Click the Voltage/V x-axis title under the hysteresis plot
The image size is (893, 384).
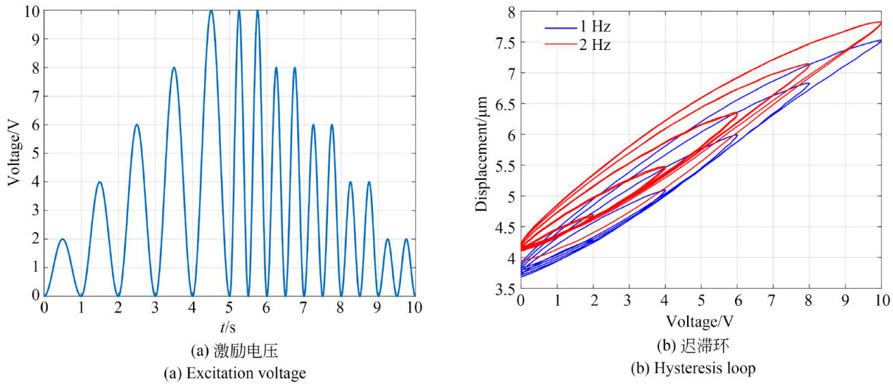point(701,320)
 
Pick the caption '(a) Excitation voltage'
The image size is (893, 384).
point(229,374)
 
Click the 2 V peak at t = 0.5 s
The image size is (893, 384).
point(63,239)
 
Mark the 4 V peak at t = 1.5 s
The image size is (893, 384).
point(100,182)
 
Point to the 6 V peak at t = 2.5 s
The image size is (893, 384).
point(137,125)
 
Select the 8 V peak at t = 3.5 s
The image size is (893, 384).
point(174,68)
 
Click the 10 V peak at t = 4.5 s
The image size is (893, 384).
point(211,11)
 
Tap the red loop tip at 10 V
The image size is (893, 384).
point(880,22)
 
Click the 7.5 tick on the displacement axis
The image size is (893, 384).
point(507,42)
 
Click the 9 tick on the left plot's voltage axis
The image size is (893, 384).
point(34,39)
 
